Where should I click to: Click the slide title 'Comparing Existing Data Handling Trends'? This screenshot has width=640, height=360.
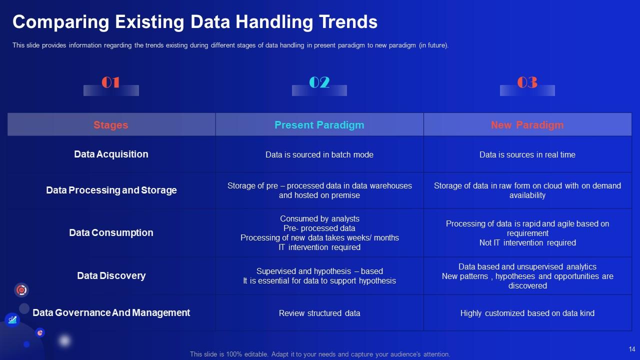195,22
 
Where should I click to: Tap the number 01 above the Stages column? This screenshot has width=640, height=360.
110,82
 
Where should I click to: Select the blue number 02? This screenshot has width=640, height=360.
319,82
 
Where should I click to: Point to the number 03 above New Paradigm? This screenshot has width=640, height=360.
527,82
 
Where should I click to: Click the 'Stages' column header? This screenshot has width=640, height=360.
111,125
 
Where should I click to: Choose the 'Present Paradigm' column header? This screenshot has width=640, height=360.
319,125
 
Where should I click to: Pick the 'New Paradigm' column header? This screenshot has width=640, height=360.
527,125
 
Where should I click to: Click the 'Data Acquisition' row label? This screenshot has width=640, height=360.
111,154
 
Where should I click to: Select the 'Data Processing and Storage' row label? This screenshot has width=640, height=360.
111,190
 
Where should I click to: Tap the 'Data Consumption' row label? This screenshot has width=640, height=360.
111,233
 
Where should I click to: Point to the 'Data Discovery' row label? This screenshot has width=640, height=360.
111,276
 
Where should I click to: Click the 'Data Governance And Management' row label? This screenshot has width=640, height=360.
111,313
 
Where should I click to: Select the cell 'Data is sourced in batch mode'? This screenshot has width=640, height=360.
319,155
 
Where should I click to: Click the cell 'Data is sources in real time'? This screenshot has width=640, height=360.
527,155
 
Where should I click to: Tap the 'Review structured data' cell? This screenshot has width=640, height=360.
319,313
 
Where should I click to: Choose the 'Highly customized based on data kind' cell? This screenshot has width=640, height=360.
527,313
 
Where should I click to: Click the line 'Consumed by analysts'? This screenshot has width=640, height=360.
319,219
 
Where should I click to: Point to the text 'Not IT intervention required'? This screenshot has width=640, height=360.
527,243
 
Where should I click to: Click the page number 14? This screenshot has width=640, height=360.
631,349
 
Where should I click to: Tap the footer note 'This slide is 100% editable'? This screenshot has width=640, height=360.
320,354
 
